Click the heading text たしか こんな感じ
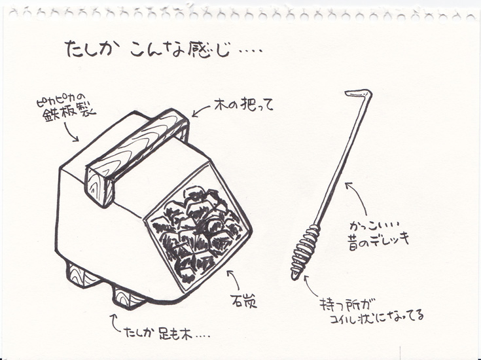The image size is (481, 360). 148,49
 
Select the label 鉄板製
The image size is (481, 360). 69,114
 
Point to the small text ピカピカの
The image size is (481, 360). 62,101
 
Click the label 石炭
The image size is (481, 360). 244,301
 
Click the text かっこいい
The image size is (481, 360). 374,226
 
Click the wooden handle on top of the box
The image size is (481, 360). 136,157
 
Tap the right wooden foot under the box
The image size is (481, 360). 128,297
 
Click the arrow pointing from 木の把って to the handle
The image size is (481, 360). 201,111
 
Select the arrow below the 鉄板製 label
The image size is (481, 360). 71,133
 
